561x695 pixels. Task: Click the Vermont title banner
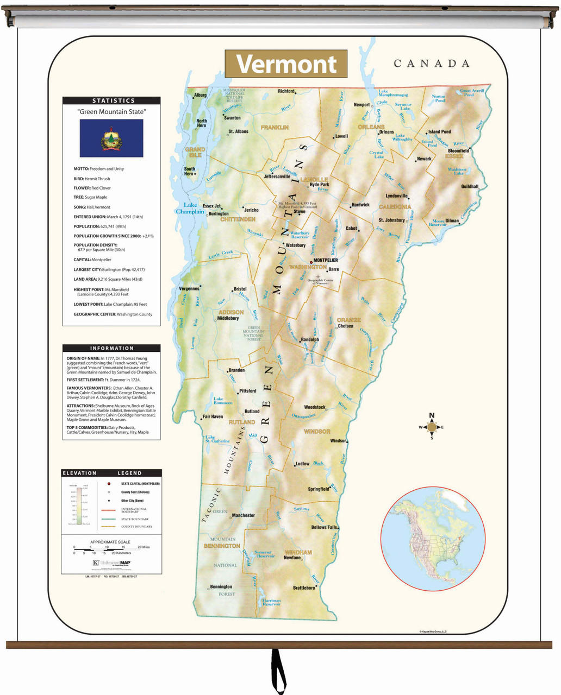click(x=286, y=64)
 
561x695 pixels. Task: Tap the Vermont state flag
click(x=111, y=138)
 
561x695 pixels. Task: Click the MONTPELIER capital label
click(x=326, y=260)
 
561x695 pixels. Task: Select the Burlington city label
click(x=219, y=214)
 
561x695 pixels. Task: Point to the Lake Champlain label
click(x=190, y=208)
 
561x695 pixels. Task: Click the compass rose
click(x=432, y=427)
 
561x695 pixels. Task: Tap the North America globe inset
click(x=432, y=539)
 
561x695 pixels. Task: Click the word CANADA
click(x=432, y=64)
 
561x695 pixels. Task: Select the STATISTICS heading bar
click(x=111, y=100)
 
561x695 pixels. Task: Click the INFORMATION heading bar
click(x=111, y=348)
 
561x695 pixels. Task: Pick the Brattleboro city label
click(x=304, y=587)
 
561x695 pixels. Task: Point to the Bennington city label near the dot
click(x=221, y=586)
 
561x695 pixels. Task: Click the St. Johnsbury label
click(x=391, y=220)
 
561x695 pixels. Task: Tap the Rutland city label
click(x=252, y=412)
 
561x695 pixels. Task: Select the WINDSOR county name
click(x=317, y=431)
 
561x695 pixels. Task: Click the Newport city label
click(x=361, y=105)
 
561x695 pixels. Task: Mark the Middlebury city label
click(x=228, y=318)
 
